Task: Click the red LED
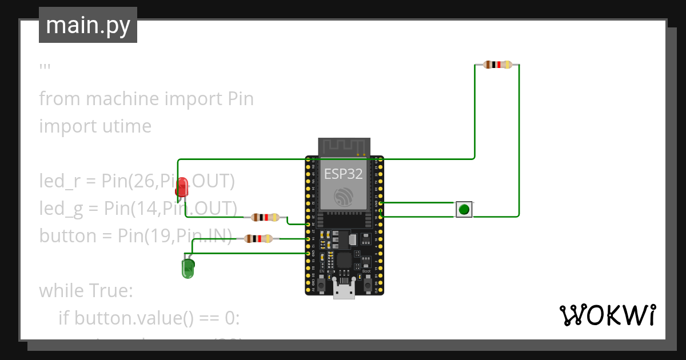[182, 187]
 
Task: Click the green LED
[188, 267]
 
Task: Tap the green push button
[464, 209]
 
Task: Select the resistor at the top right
[497, 65]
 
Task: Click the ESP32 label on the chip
[344, 174]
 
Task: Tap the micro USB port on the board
[344, 291]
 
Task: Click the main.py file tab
[88, 25]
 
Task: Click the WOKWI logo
[607, 315]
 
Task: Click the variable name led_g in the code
[60, 209]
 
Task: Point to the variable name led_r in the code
[58, 181]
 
